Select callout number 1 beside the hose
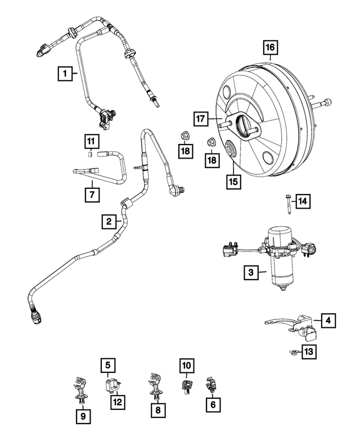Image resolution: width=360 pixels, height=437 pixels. (x=65, y=73)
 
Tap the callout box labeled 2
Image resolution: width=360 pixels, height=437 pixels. (x=109, y=222)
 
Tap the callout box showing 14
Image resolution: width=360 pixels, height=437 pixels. (x=303, y=201)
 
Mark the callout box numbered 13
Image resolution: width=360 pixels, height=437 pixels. (x=308, y=352)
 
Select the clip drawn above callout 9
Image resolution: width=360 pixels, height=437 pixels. (x=79, y=389)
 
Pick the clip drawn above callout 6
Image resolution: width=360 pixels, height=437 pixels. (x=211, y=385)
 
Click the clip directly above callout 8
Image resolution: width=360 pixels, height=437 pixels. (x=156, y=385)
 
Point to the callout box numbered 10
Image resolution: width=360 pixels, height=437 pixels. (x=187, y=366)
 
